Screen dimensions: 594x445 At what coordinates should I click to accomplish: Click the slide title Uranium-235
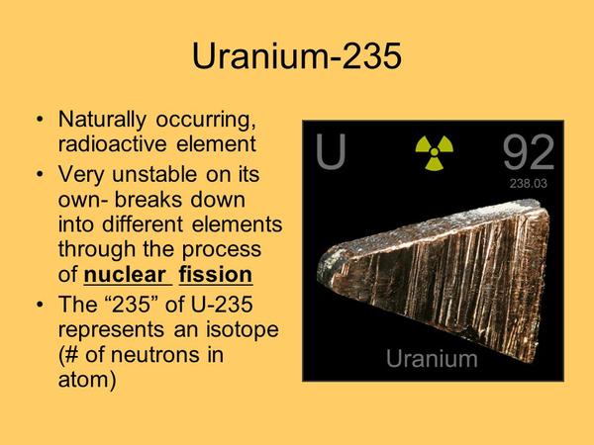coord(297,56)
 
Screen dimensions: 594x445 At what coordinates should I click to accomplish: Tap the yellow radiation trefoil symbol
coord(435,152)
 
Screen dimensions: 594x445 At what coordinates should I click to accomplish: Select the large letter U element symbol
coord(331,151)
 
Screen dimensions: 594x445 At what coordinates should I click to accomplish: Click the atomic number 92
coord(529,152)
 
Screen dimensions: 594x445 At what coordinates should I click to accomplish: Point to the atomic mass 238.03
coord(528,184)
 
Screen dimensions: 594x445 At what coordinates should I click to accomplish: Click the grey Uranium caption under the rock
coord(432,358)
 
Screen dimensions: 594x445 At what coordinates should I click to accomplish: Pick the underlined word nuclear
coord(125,274)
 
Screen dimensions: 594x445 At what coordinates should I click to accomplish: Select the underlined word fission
coord(216,274)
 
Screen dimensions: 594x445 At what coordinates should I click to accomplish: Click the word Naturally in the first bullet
coord(102,120)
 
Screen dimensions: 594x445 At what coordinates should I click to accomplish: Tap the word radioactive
coord(113,144)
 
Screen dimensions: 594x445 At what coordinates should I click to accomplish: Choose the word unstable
coord(154,174)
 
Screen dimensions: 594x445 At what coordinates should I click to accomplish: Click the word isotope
coord(243,329)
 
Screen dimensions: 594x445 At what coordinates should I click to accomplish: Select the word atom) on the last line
coord(87,380)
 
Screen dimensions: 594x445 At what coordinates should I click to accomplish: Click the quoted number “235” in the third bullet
coord(131,305)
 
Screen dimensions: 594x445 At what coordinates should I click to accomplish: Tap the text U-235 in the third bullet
coord(222,305)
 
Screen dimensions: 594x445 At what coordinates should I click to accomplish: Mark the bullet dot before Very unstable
coord(40,174)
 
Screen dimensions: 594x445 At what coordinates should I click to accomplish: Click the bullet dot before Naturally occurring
coord(40,120)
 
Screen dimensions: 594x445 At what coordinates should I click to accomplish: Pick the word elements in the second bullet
coord(238,224)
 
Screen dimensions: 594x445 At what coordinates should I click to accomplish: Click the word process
coord(222,250)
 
